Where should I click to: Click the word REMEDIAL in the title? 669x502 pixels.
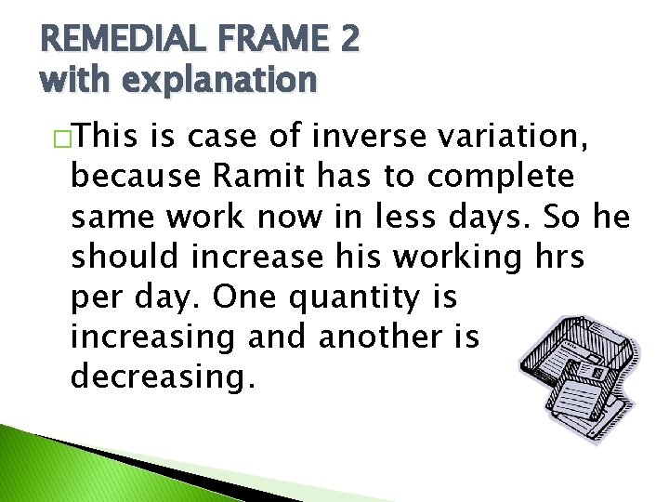(x=116, y=39)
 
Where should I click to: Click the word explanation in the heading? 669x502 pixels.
(x=217, y=81)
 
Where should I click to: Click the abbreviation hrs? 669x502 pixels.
(x=557, y=258)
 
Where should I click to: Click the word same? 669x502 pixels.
(x=109, y=218)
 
